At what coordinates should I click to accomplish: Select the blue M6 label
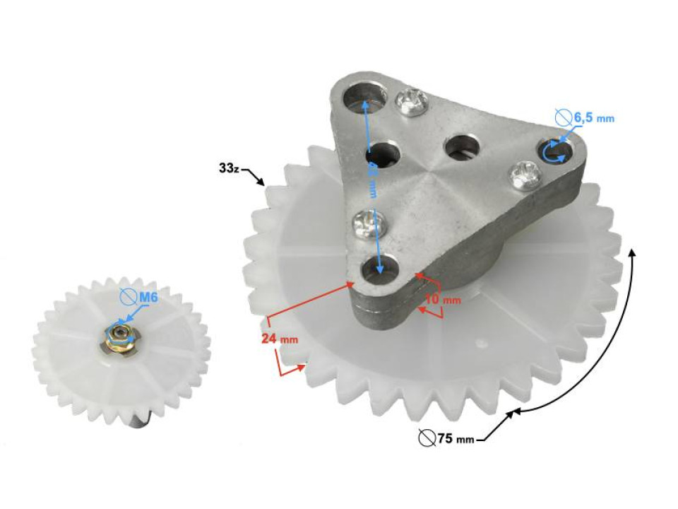pos(147,298)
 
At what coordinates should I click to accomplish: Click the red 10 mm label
pos(442,300)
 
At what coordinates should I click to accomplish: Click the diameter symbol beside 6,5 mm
pos(563,117)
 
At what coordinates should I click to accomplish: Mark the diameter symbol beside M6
pos(128,298)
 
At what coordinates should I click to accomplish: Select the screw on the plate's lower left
pos(369,224)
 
